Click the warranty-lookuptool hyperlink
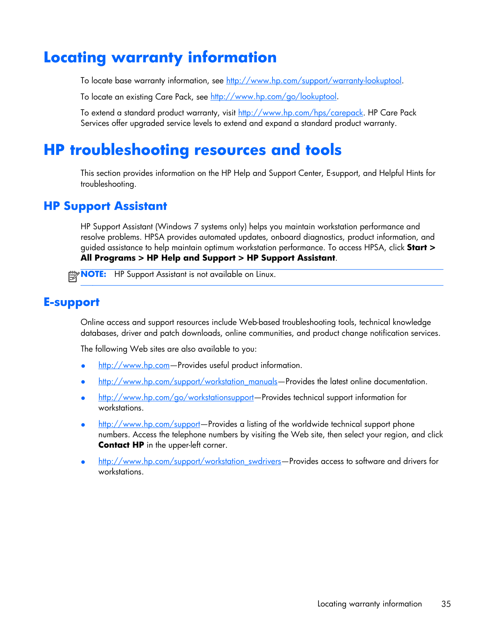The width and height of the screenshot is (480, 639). tap(314, 81)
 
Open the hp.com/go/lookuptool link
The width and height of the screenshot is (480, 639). tap(273, 96)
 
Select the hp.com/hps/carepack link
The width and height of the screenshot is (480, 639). tap(300, 113)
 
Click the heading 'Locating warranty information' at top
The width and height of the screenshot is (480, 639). tap(160, 57)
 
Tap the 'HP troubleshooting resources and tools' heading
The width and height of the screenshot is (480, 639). tap(192, 150)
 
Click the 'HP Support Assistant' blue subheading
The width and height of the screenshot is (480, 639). tap(105, 206)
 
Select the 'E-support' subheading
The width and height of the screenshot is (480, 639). tap(72, 302)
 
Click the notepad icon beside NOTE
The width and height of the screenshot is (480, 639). tap(73, 277)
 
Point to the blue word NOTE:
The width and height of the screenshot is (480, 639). tap(93, 274)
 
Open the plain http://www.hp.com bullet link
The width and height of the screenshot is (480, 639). tap(134, 365)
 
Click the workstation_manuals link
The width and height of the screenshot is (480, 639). tap(188, 381)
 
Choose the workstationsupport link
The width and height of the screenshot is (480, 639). tap(176, 397)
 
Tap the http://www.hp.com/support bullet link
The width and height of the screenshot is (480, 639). tap(149, 424)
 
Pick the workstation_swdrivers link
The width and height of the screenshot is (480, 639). tap(190, 461)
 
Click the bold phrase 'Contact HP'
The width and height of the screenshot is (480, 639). tap(121, 445)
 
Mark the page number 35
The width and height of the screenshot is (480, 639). tap(446, 604)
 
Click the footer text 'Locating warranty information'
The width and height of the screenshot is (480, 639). tap(369, 604)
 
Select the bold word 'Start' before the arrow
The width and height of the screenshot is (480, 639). tap(417, 247)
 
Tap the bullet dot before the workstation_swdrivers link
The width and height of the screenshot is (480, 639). tap(83, 462)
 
